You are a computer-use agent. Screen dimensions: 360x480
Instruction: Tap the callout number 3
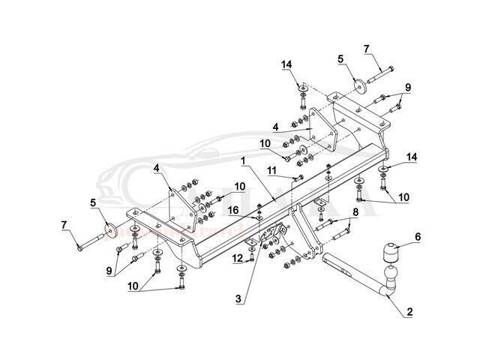pyautogui.click(x=238, y=298)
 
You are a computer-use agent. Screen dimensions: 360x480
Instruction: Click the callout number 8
pyautogui.click(x=356, y=212)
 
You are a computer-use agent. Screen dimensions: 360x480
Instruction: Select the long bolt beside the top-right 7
pyautogui.click(x=382, y=74)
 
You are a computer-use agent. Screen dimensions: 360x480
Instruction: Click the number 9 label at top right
pyautogui.click(x=408, y=87)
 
